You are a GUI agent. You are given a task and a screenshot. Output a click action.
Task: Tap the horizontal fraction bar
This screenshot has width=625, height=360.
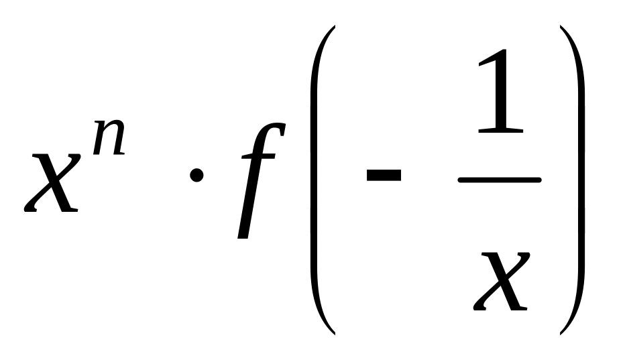[x=500, y=180]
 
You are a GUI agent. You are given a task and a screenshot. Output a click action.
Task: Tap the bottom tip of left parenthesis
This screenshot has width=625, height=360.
[x=333, y=333]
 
